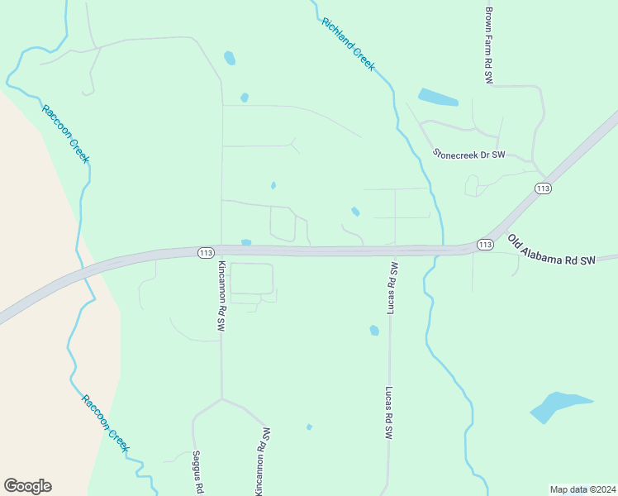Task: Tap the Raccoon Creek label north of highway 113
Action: [x=65, y=134]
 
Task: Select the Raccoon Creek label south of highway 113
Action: [x=106, y=423]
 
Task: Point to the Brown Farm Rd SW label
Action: [x=489, y=45]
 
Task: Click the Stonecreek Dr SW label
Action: [x=468, y=154]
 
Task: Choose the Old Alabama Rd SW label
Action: [x=551, y=251]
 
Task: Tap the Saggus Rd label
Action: [x=197, y=471]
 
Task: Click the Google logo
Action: [x=27, y=486]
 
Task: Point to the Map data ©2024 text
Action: [x=582, y=489]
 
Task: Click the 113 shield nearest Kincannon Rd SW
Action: [x=207, y=252]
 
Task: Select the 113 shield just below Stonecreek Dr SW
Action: [x=543, y=188]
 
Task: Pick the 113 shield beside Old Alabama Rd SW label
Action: [x=485, y=245]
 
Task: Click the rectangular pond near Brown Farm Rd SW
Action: [x=437, y=98]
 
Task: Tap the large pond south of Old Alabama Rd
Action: [x=558, y=406]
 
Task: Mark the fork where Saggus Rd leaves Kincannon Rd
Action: [x=221, y=399]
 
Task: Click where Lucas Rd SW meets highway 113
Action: [x=391, y=250]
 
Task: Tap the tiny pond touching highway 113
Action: [x=245, y=242]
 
